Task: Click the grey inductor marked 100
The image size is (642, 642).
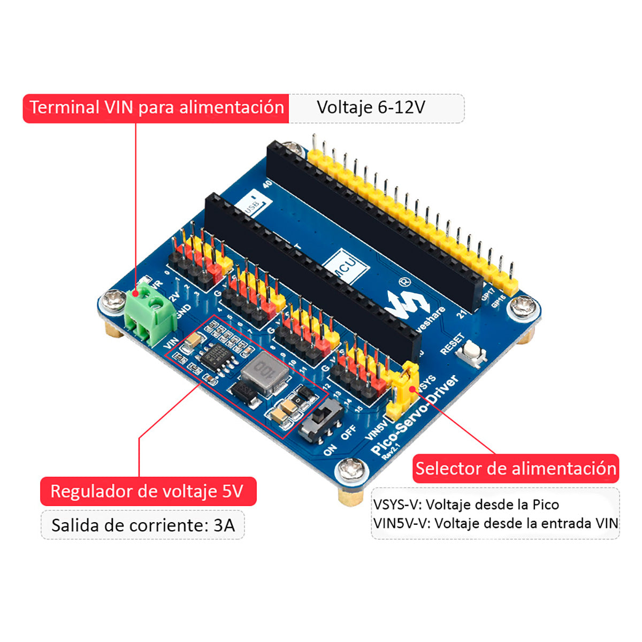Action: click(264, 371)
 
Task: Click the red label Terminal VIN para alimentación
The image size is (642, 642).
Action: click(156, 108)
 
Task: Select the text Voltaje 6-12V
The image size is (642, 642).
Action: click(371, 108)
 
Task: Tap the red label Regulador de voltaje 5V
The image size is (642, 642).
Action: click(148, 491)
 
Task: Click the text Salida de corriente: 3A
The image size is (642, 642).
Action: click(143, 525)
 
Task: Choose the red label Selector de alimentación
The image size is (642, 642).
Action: click(516, 469)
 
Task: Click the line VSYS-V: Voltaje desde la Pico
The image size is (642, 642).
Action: click(466, 505)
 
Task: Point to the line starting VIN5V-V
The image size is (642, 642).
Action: click(495, 523)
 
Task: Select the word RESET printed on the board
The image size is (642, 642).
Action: click(452, 344)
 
